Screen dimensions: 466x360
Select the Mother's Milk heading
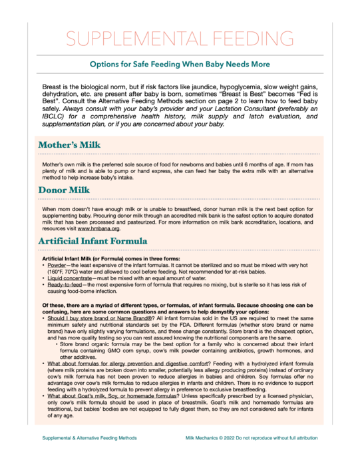click(x=69, y=144)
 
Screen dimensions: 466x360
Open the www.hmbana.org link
click(x=99, y=228)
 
